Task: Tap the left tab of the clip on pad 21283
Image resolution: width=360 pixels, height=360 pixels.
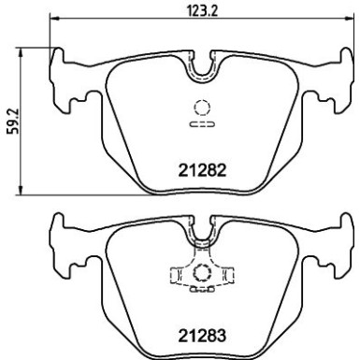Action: [x=175, y=277]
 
